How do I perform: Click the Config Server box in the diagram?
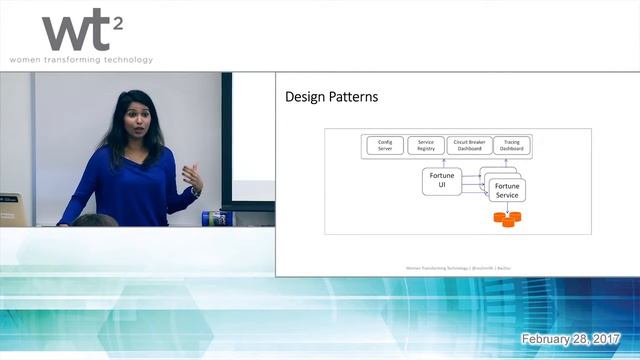click(x=385, y=145)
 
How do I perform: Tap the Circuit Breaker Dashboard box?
click(x=469, y=145)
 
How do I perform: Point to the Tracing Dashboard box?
click(x=512, y=145)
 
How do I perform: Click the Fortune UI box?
click(x=441, y=182)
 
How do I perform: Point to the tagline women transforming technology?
click(x=81, y=60)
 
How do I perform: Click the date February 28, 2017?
click(x=571, y=340)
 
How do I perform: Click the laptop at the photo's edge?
click(x=10, y=209)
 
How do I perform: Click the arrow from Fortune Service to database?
click(x=507, y=207)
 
